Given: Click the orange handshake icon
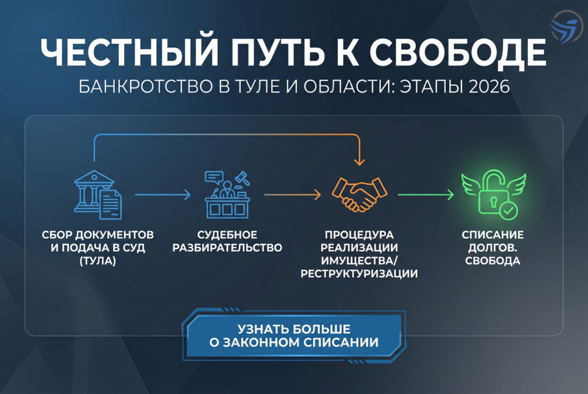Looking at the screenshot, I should [x=360, y=194].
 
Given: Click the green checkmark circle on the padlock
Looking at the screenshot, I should [x=508, y=210].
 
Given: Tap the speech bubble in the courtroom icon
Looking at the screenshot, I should [x=213, y=177].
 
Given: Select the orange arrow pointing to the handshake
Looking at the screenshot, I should [x=292, y=196].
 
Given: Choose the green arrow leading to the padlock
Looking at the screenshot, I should [x=425, y=196].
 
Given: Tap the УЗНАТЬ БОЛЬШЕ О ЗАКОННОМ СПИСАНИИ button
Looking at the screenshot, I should [x=294, y=336].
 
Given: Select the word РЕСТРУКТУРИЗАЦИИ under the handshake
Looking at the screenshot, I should [x=360, y=273].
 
